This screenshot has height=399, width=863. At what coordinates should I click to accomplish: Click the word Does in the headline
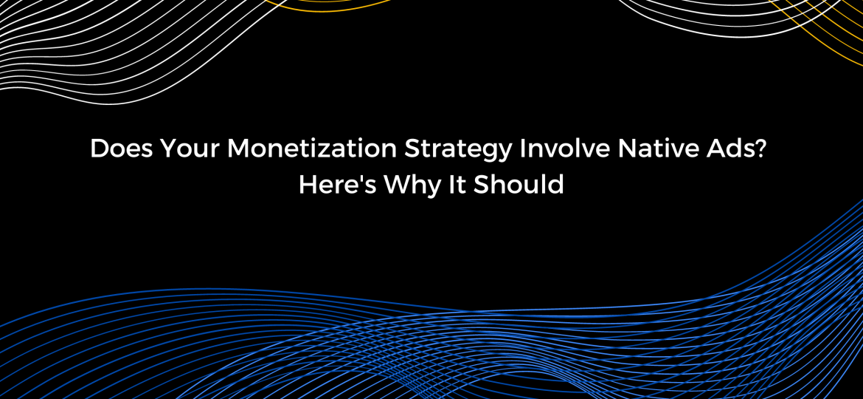(121, 149)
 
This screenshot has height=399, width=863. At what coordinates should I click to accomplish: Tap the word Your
(190, 149)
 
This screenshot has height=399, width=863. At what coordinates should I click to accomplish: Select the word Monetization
(311, 149)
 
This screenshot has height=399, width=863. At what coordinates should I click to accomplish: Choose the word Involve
(565, 149)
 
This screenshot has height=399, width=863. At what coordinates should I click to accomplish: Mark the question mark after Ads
(760, 149)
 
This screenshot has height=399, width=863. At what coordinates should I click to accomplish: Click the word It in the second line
(457, 185)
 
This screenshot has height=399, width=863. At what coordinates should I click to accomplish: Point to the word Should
(519, 185)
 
